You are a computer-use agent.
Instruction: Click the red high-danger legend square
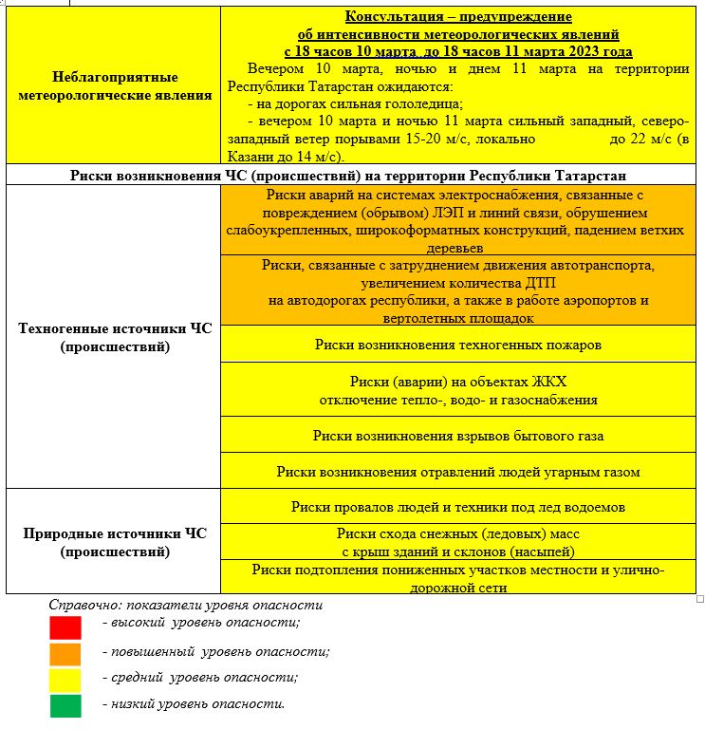coord(65,627)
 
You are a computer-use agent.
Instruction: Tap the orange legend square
coord(65,653)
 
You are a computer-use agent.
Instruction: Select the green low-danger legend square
coord(65,705)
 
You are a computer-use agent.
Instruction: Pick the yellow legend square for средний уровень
coord(65,679)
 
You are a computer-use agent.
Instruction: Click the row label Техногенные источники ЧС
coord(114,338)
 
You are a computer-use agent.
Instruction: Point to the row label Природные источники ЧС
coord(114,542)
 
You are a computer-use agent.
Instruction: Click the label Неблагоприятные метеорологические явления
coord(114,85)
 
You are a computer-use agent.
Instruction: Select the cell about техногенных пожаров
coord(458,344)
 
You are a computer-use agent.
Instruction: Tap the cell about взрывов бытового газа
coord(458,436)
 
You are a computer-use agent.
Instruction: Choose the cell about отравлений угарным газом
coord(458,471)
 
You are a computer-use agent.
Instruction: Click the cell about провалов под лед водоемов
coord(458,507)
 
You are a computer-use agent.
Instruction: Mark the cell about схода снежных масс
coord(458,542)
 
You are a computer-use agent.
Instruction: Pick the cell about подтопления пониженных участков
coord(458,578)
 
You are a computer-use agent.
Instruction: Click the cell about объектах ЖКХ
coord(458,390)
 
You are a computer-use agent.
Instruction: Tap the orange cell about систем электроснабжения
coord(458,220)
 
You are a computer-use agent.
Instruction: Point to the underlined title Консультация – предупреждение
coord(457,17)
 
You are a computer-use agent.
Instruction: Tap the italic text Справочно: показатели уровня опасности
coord(186,605)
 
